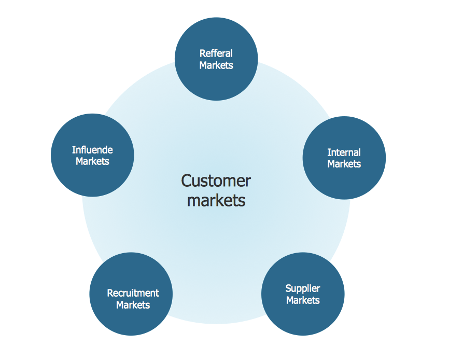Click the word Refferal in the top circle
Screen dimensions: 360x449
216,53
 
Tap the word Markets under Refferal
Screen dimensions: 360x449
216,65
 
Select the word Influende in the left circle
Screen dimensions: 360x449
92,150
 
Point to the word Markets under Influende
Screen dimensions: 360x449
92,161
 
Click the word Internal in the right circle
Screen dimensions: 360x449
344,153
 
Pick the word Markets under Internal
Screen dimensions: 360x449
344,164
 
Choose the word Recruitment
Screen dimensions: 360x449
133,293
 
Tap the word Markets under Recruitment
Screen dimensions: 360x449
133,305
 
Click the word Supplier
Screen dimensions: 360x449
303,288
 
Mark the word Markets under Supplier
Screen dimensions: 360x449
303,300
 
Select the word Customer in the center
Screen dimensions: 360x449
216,181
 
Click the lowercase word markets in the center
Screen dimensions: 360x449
216,200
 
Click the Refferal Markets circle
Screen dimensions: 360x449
216,78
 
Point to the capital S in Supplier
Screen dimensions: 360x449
288,288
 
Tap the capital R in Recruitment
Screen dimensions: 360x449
110,293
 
